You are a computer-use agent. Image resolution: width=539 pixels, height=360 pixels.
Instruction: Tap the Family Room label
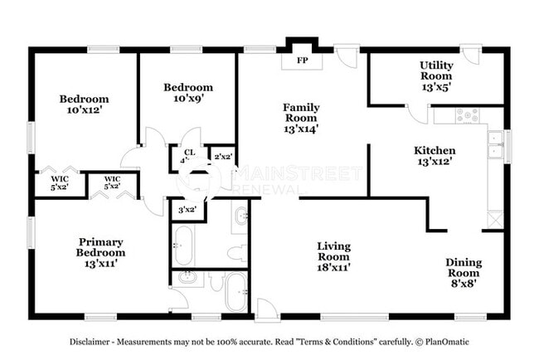(x=301, y=117)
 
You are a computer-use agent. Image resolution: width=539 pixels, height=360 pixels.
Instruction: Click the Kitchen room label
(x=435, y=156)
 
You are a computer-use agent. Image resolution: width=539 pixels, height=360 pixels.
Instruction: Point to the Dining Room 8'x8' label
(x=464, y=268)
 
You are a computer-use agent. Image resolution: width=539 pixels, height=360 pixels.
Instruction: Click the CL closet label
(x=188, y=154)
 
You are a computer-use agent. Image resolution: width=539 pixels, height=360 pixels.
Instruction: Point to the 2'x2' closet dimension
(x=222, y=156)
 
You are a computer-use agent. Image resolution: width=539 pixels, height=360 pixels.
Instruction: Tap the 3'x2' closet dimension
(x=187, y=210)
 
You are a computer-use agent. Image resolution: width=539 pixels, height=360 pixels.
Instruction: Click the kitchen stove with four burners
(x=469, y=116)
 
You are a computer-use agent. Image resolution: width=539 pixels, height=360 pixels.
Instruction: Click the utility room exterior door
(x=471, y=59)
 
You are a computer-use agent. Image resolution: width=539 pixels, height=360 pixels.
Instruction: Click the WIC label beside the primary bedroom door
(x=112, y=182)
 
